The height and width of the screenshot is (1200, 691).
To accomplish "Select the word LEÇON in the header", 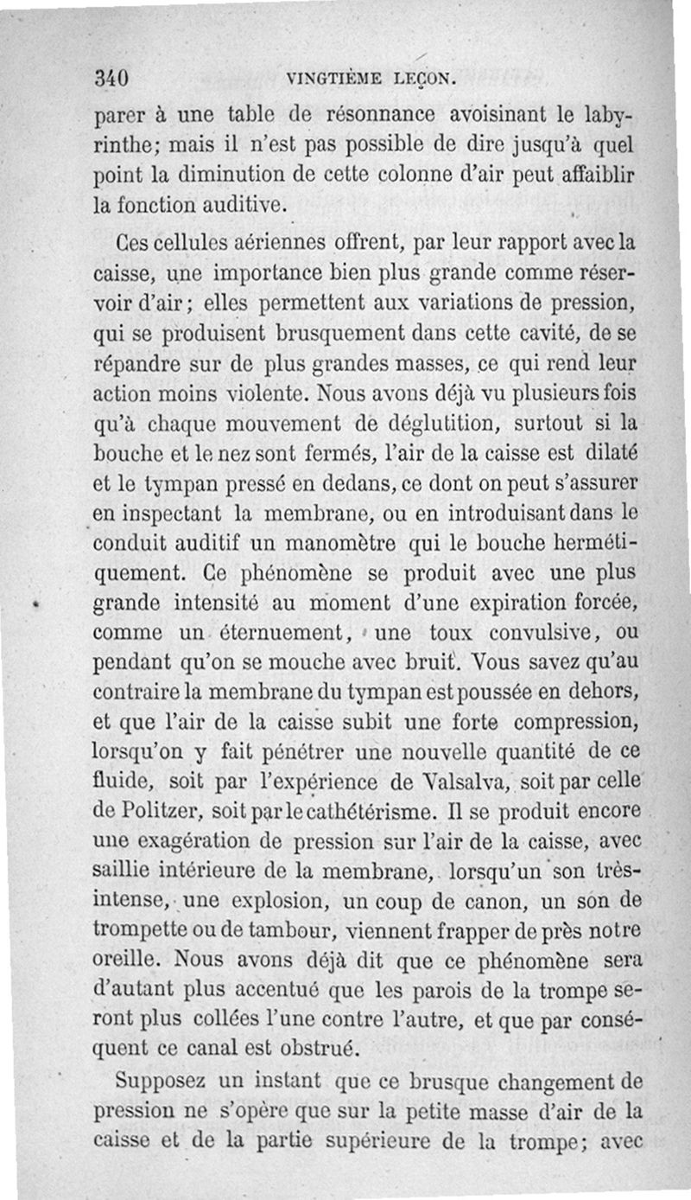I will click(421, 79).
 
